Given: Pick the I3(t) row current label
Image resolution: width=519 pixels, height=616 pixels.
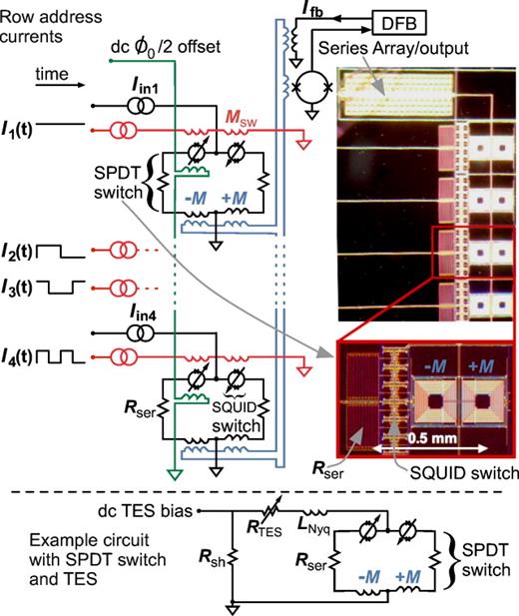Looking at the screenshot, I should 19,286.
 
